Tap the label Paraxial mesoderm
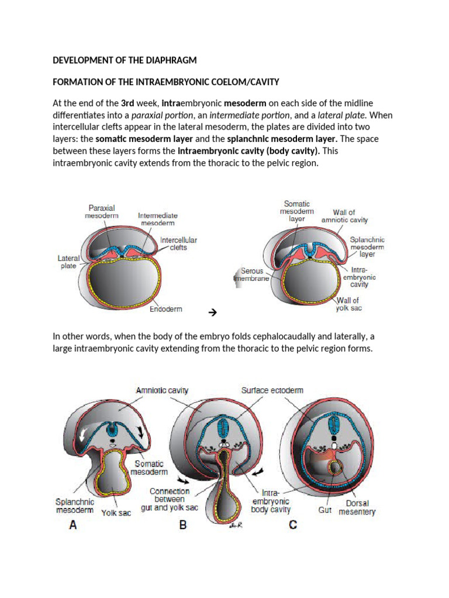102,211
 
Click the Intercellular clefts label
178,244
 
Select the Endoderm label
165,310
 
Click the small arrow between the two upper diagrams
212,313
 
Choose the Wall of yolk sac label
349,304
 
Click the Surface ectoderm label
272,390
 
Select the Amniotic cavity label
162,390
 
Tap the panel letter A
73,524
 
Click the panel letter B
183,524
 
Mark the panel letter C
293,524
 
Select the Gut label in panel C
325,510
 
